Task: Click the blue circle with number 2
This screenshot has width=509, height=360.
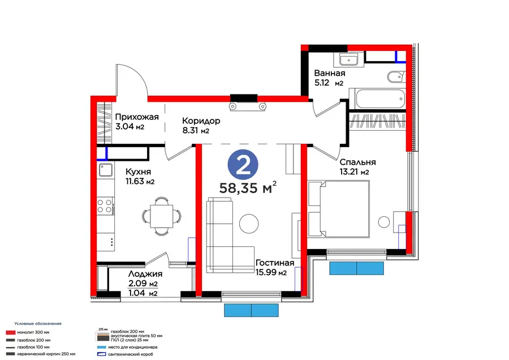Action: [x=243, y=165]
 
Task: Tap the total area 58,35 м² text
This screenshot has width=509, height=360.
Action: [x=248, y=187]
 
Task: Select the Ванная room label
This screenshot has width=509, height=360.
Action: [x=330, y=73]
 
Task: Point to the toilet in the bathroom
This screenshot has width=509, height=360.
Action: [x=396, y=76]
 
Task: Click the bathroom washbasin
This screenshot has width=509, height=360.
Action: [x=348, y=60]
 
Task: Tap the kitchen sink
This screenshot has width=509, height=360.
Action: [x=106, y=170]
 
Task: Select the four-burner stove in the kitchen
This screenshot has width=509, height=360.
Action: [x=105, y=205]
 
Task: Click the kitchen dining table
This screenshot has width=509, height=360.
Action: [x=161, y=216]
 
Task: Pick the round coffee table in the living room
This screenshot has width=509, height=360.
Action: [x=249, y=223]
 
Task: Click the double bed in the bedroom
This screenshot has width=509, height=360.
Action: [x=339, y=209]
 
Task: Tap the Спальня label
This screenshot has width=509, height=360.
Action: [x=358, y=162]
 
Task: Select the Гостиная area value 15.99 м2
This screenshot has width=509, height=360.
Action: [x=271, y=272]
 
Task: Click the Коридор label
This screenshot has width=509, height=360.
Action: [x=201, y=121]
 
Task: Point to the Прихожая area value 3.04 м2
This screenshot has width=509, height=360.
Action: [x=130, y=126]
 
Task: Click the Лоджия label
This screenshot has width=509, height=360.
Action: [x=145, y=274]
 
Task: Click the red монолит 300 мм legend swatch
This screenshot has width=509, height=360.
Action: [x=11, y=332]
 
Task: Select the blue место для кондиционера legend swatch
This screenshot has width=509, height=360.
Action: [x=102, y=347]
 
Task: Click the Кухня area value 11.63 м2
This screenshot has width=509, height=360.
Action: [x=140, y=181]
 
